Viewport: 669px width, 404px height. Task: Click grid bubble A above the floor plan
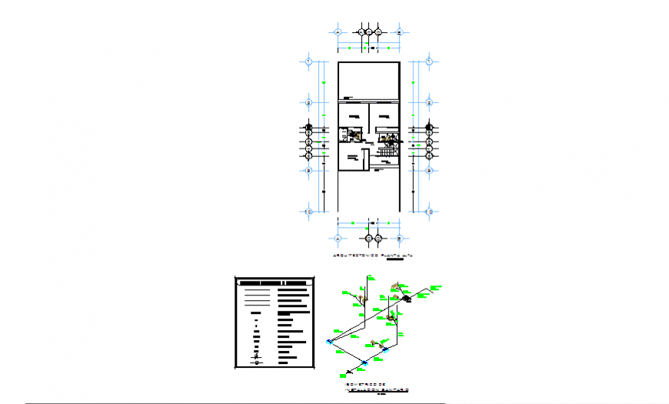[x=338, y=32]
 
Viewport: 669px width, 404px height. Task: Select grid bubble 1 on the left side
[x=308, y=61]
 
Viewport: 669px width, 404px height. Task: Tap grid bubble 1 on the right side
[x=431, y=61]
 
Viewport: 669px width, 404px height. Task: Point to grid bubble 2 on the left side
[x=308, y=102]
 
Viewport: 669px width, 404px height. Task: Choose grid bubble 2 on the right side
[x=431, y=102]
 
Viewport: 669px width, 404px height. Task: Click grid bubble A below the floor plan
[x=338, y=239]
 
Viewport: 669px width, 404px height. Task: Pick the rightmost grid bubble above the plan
[x=400, y=32]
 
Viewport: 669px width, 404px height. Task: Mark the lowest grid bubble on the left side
[x=308, y=211]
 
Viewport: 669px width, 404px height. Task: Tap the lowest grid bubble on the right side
[x=431, y=211]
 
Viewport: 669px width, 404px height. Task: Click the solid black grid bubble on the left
[x=308, y=128]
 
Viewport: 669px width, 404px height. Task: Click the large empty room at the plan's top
[x=369, y=80]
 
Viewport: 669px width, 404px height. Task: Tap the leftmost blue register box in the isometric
[x=329, y=341]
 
